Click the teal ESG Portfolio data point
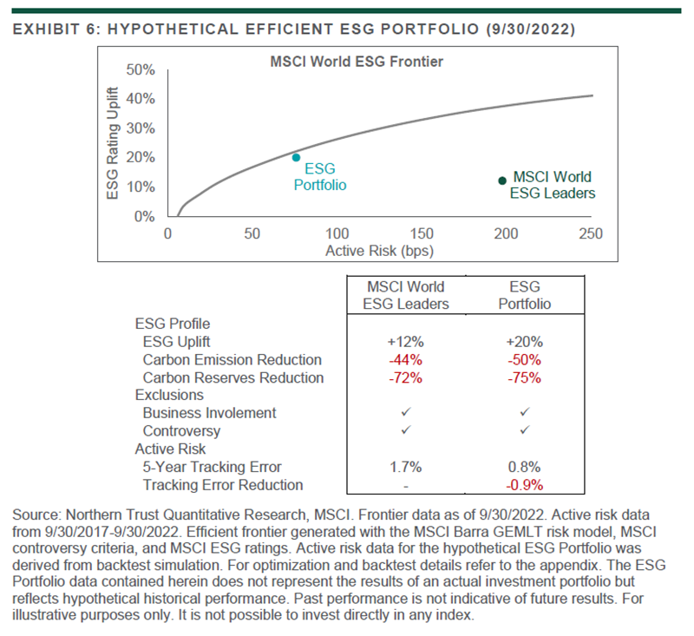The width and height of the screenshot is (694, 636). tap(297, 158)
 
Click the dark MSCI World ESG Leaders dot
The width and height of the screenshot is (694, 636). tap(502, 180)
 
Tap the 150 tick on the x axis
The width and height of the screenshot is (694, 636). tap(422, 233)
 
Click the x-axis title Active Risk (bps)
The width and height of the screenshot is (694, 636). tap(379, 250)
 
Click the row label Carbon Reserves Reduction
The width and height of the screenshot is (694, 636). tap(233, 377)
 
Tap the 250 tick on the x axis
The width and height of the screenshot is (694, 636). tap(591, 233)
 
